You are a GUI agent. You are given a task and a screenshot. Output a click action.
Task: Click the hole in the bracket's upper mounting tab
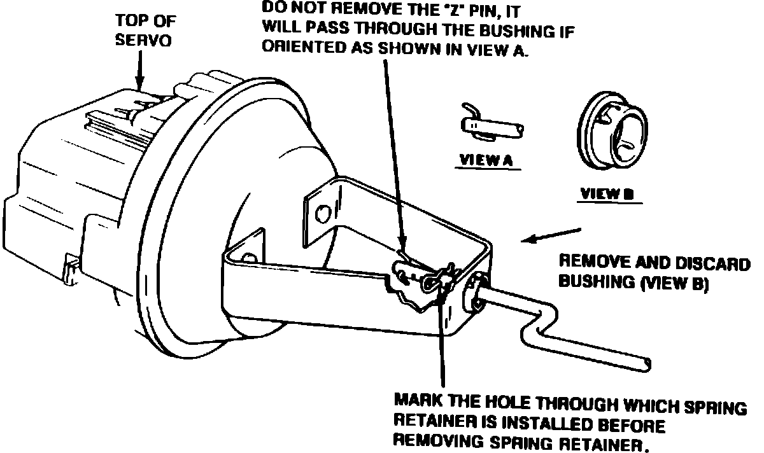[323, 211]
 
